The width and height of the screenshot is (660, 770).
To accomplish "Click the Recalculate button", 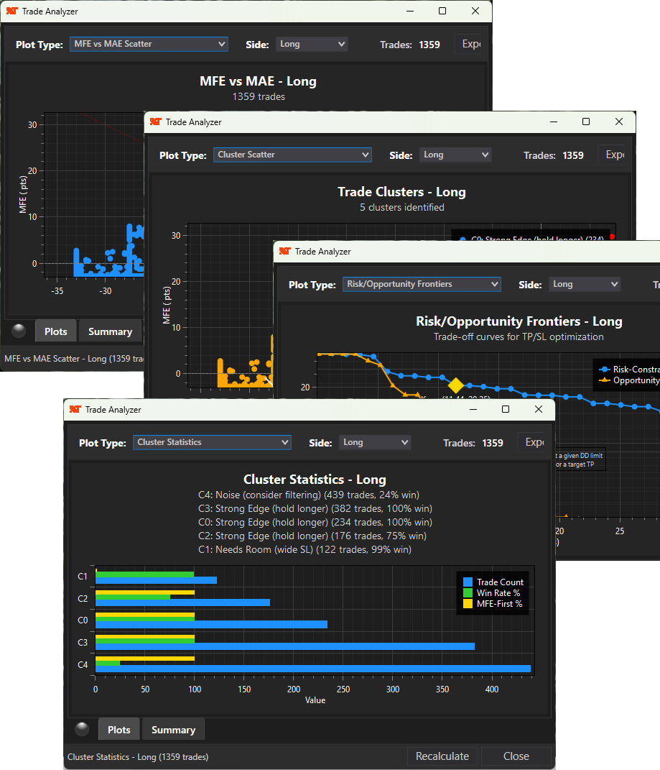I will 442,756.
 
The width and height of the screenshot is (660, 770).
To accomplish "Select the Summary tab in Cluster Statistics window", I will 173,729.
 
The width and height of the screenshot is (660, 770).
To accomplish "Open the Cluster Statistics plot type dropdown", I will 212,443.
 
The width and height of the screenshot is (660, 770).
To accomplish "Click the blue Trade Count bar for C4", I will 312,669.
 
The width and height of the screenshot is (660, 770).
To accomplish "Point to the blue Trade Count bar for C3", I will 284,646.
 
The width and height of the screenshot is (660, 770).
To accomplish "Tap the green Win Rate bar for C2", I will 133,597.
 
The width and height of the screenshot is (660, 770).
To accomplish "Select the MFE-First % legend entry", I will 499,604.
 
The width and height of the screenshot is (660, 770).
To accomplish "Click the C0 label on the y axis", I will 83,620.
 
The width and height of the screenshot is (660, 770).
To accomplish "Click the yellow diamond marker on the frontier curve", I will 455,385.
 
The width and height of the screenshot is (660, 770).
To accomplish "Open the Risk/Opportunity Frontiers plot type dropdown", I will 422,285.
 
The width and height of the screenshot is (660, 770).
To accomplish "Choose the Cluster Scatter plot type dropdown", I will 292,155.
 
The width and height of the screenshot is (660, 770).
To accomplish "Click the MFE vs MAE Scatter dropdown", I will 149,44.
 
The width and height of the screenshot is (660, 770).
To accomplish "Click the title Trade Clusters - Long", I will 401,192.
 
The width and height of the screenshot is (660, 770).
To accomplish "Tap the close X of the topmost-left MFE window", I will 475,12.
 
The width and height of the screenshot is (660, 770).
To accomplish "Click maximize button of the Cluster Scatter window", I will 586,122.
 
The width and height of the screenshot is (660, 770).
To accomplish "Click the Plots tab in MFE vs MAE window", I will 56,331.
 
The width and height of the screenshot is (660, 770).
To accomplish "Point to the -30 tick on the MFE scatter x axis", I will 106,291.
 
